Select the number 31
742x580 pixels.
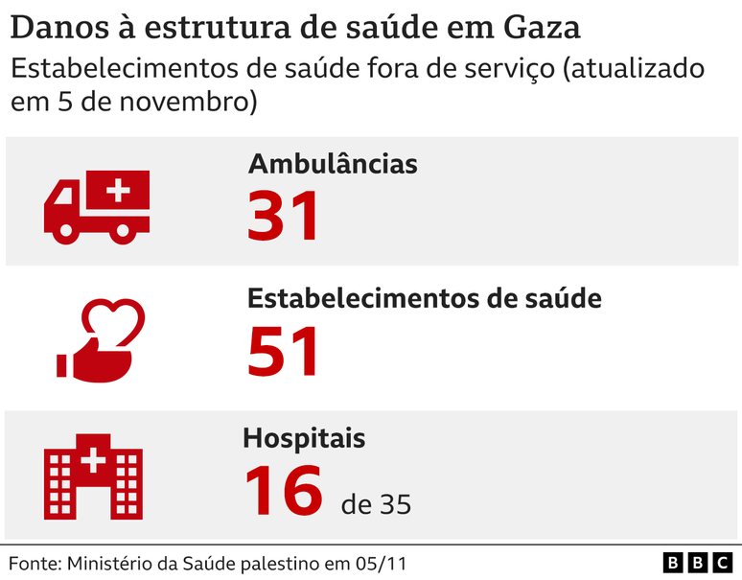click(284, 216)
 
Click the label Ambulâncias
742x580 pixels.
click(333, 164)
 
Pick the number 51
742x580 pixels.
click(284, 352)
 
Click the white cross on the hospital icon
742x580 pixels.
click(94, 461)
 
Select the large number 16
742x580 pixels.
click(284, 490)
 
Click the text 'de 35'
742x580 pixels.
click(376, 504)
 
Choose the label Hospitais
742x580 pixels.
click(303, 439)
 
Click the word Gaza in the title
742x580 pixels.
click(542, 28)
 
